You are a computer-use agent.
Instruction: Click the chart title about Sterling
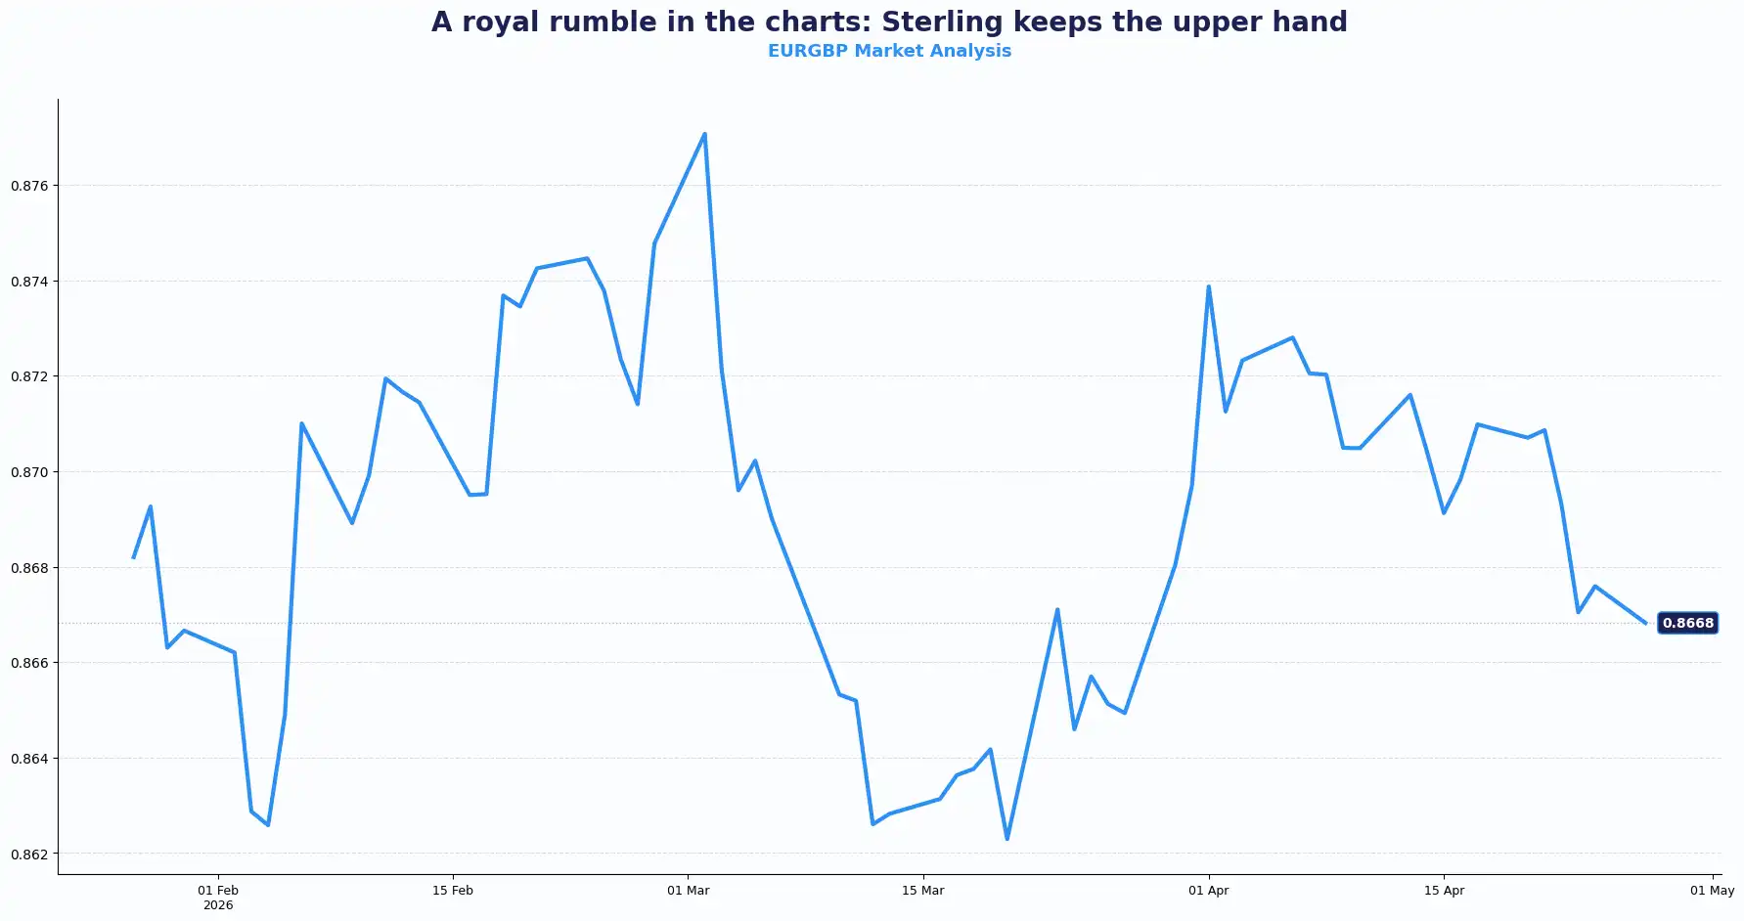(x=889, y=22)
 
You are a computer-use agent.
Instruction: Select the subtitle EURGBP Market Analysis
(x=889, y=51)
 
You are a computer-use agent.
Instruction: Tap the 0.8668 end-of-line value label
(x=1687, y=623)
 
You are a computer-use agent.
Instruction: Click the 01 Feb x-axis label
(x=218, y=891)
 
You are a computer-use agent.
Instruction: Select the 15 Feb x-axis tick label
(x=453, y=891)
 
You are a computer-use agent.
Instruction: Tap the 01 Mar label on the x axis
(x=689, y=891)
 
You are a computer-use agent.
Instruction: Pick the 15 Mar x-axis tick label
(x=923, y=891)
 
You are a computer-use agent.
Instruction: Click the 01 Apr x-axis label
(x=1209, y=891)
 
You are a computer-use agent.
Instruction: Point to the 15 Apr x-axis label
(x=1444, y=891)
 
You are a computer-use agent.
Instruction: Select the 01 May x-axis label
(x=1712, y=891)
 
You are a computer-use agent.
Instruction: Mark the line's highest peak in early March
(x=704, y=134)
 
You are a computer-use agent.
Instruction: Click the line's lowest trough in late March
(x=1006, y=839)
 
